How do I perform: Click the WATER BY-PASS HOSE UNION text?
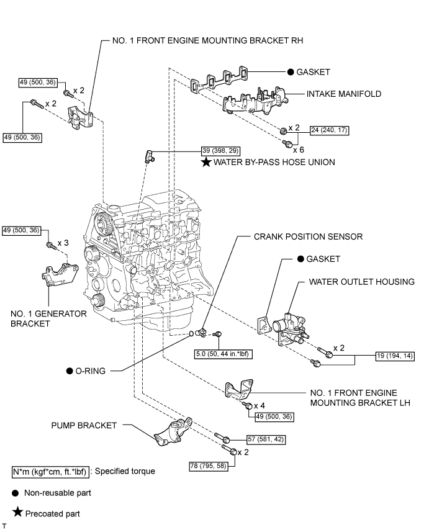[x=273, y=163]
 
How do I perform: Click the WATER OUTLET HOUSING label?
[x=362, y=282]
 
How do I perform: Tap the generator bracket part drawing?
[x=56, y=277]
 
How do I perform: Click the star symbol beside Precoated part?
[x=17, y=513]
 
